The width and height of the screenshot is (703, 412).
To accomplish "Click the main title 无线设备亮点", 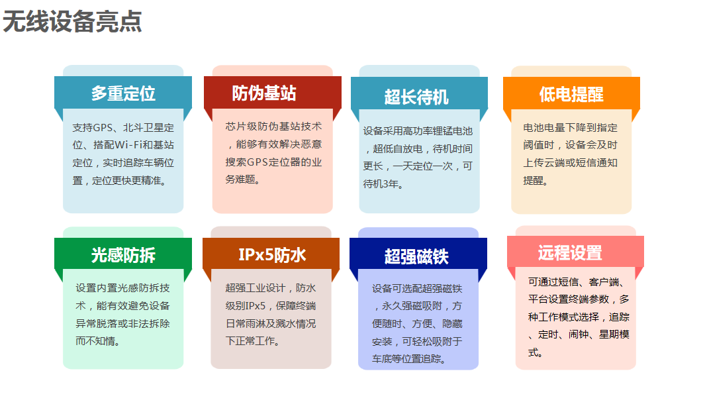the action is (72, 22).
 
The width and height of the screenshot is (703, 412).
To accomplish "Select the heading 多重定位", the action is (123, 93).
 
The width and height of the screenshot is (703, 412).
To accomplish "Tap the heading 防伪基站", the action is (264, 93).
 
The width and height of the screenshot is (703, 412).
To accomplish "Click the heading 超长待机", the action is (416, 97).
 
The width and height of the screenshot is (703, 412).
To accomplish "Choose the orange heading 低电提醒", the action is (571, 94).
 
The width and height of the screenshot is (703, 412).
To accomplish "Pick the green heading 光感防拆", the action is (123, 255).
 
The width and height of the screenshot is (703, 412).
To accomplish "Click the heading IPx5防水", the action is (272, 254).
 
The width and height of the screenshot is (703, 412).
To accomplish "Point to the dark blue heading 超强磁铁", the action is (416, 257).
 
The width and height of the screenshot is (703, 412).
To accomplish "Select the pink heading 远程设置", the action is (570, 252).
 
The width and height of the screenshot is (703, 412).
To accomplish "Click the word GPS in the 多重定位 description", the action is (103, 128).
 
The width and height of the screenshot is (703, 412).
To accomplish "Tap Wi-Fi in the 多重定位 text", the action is (128, 145).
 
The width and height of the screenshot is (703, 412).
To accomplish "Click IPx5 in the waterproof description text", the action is (255, 306).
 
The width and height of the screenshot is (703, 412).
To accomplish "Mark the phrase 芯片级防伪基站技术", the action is (273, 127).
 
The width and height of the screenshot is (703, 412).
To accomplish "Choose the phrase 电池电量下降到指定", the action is (571, 128).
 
